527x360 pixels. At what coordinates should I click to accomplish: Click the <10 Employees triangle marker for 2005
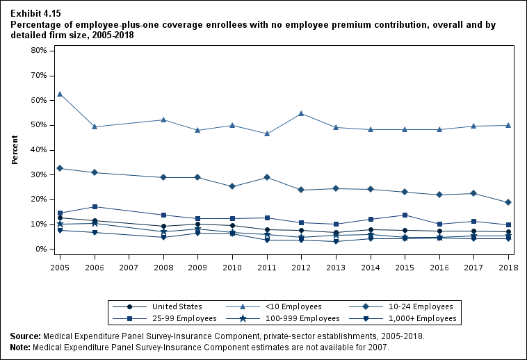coord(60,94)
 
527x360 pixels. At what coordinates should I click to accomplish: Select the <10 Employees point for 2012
coord(302,113)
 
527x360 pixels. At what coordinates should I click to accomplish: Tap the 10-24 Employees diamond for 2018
coord(508,202)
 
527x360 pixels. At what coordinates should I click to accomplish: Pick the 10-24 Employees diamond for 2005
coord(60,168)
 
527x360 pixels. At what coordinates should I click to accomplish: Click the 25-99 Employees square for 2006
coord(95,206)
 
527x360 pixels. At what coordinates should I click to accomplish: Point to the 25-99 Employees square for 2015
coord(405,215)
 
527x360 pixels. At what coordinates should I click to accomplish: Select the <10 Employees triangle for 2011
coord(267,133)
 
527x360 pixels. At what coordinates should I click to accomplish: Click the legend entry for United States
coord(170,306)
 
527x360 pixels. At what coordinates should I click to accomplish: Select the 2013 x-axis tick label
coord(336,267)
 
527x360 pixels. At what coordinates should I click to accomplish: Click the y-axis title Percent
coord(15,150)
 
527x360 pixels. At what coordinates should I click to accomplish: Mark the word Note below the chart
coord(21,347)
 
